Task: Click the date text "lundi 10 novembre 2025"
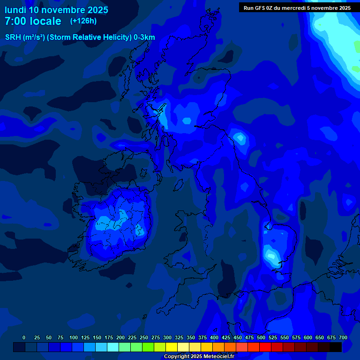click(56, 10)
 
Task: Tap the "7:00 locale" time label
click(33, 21)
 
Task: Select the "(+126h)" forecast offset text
click(83, 21)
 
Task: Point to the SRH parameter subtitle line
click(80, 37)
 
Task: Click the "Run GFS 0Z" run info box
click(297, 8)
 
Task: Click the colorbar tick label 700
click(343, 337)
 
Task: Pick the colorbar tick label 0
click(24, 337)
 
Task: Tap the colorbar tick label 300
click(167, 337)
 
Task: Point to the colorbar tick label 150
click(97, 337)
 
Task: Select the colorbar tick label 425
click(226, 337)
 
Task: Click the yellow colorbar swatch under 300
click(172, 347)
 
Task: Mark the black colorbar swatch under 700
click(336, 347)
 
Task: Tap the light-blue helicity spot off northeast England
click(240, 138)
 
